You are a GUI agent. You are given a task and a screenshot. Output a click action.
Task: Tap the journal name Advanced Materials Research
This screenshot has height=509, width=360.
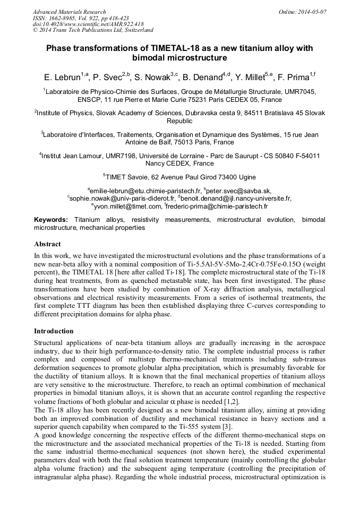pyautogui.click(x=69, y=11)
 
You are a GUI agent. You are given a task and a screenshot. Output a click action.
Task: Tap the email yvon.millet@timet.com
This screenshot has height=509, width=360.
pyautogui.click(x=127, y=206)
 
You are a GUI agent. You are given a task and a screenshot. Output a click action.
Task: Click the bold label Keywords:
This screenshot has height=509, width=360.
pyautogui.click(x=51, y=219)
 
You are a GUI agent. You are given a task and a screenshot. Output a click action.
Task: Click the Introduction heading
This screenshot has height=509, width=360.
pyautogui.click(x=54, y=331)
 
